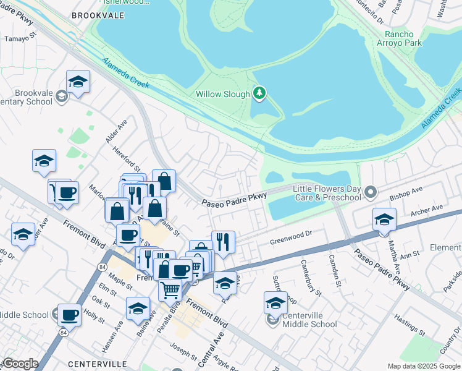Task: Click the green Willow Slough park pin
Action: tap(260, 94)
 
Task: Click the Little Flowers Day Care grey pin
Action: tap(371, 192)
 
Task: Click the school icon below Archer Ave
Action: tap(384, 220)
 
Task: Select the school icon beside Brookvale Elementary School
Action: tap(78, 82)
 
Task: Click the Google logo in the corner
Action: tap(20, 364)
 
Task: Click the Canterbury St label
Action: tap(309, 275)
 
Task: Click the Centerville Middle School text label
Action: tap(309, 320)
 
